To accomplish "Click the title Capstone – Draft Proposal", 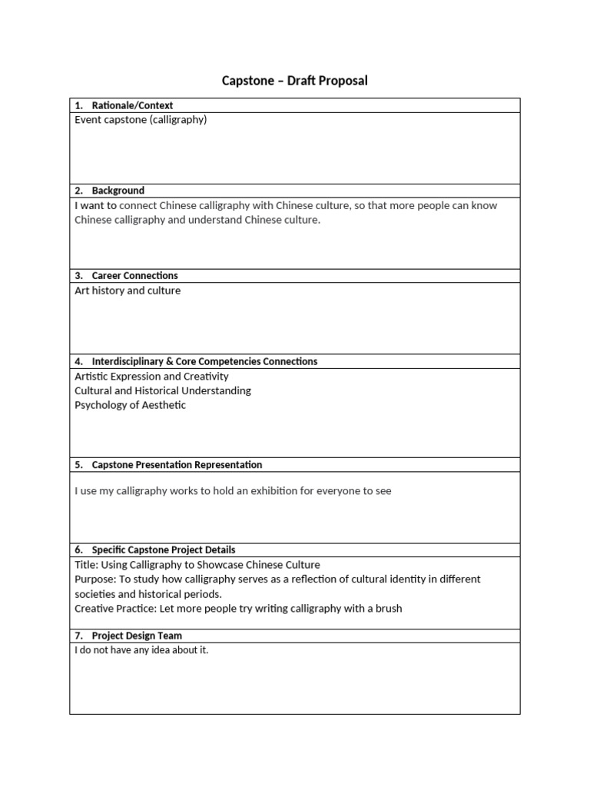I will coord(294,81).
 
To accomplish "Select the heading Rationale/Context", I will coord(132,105).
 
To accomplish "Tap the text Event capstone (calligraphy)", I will coord(141,120).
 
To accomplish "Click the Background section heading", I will coord(118,191).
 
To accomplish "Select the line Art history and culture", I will coord(128,291).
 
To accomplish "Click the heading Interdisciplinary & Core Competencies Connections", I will coord(204,361).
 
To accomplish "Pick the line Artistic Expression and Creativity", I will coord(151,377).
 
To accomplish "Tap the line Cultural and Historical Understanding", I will coord(162,390).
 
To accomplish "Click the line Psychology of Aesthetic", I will coord(130,405).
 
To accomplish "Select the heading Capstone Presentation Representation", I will coord(177,465).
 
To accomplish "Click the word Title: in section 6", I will coord(87,565).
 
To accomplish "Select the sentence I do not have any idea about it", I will coord(141,650).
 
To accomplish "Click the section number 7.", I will coord(78,636).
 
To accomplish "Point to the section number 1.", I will coord(78,105).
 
